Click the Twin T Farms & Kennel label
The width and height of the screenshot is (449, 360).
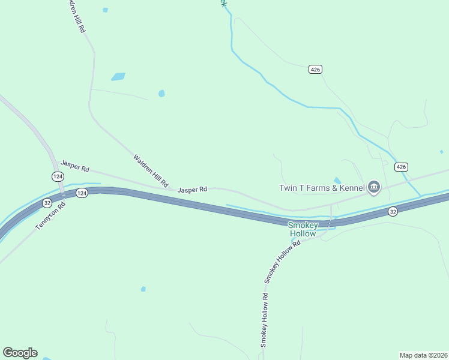[322, 188]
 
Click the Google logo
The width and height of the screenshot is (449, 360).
[20, 353]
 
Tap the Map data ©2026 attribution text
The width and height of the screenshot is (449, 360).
[423, 355]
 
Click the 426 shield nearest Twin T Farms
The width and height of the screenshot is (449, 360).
[402, 166]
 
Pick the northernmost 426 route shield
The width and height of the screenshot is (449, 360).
[316, 70]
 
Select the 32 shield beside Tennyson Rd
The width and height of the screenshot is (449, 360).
[47, 203]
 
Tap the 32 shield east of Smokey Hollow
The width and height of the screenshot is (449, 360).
[393, 211]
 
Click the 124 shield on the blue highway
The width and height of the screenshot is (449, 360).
[82, 193]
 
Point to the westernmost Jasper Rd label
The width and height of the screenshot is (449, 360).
[74, 166]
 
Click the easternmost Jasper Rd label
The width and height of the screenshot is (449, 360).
[192, 190]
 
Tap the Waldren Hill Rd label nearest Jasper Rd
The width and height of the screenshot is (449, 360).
[150, 170]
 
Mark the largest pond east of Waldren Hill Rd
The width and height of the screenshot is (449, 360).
[118, 77]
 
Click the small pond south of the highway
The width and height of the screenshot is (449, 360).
[143, 289]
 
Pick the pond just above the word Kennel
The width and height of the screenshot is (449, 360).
[337, 180]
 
